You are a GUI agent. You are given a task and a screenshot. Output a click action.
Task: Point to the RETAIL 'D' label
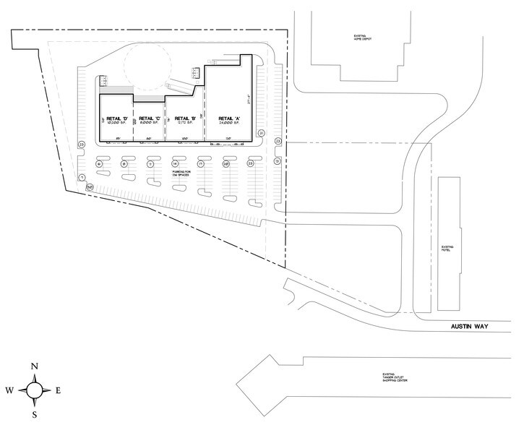[x=117, y=118]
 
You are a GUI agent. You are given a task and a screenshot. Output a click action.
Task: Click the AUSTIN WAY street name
[x=471, y=327]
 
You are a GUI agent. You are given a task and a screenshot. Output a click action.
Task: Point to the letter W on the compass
[x=9, y=391]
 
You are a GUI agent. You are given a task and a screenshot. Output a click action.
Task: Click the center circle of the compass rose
[x=35, y=391]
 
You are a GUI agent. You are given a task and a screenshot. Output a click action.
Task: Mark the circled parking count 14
[x=175, y=164]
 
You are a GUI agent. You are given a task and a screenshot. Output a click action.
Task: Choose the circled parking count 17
[x=201, y=164]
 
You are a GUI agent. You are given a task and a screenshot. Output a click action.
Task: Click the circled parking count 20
[x=226, y=164]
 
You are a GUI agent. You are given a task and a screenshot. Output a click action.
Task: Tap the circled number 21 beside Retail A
[x=261, y=134]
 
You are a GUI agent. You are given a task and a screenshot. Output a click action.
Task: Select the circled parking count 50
[x=90, y=186]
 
